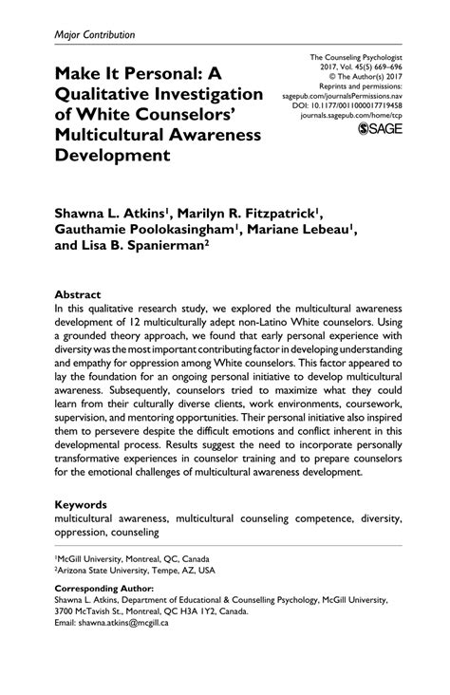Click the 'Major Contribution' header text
pos(94,34)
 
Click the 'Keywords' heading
pos(82,507)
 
